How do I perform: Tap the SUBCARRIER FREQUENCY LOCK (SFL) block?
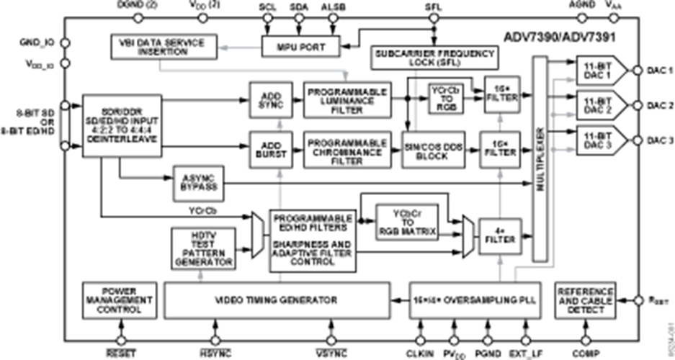[x=433, y=58]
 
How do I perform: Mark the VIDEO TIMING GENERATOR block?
[x=274, y=299]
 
